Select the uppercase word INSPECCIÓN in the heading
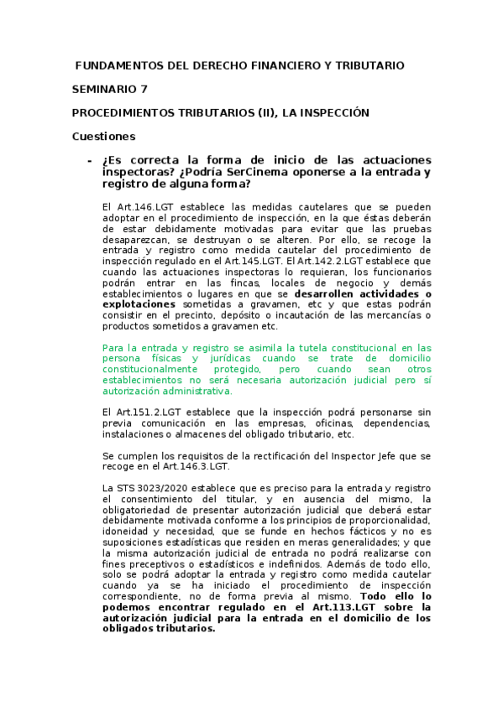point(333,112)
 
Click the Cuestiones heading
point(103,136)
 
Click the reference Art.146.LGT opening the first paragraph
point(143,205)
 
